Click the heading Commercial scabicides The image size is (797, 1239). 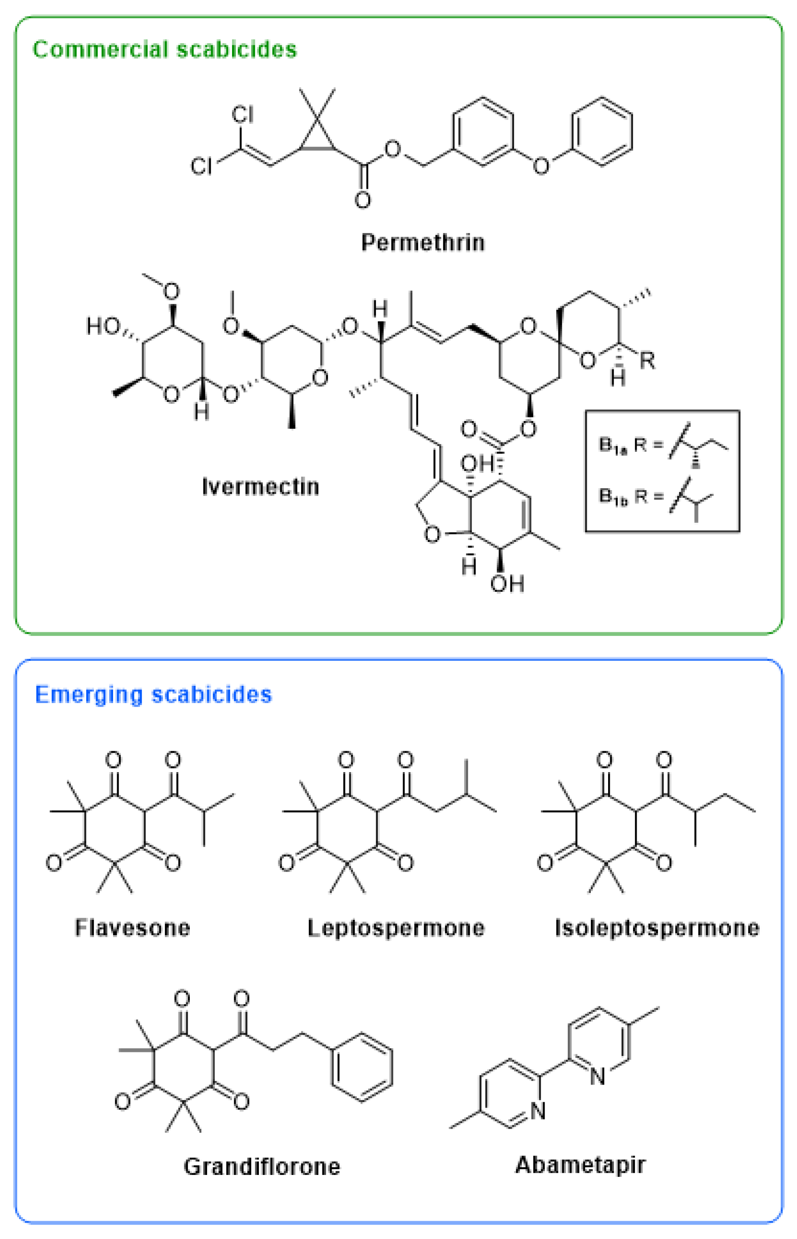[164, 50]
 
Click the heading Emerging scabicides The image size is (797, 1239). [153, 694]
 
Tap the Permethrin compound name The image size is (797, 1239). [422, 242]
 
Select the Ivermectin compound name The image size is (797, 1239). [260, 486]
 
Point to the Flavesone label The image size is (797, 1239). [133, 928]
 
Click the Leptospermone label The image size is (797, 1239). [396, 928]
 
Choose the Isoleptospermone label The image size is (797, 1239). [657, 928]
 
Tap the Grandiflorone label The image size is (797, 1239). [262, 1167]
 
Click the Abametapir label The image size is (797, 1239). [580, 1165]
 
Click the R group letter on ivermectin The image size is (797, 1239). [648, 361]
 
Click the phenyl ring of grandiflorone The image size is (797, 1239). [361, 1067]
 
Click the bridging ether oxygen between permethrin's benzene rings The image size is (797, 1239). [541, 166]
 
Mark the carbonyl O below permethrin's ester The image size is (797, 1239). [362, 200]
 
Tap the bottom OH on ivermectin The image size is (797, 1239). [507, 584]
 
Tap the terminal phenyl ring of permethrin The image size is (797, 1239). [601, 131]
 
